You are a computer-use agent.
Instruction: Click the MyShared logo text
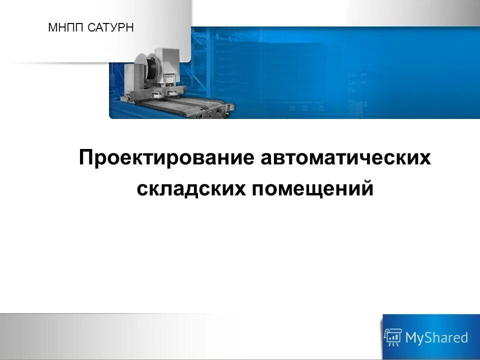point(436,338)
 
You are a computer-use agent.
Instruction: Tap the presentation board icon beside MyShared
point(393,337)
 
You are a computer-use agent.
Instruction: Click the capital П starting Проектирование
point(86,158)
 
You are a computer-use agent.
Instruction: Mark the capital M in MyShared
point(411,338)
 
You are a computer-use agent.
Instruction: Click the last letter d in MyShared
point(464,337)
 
